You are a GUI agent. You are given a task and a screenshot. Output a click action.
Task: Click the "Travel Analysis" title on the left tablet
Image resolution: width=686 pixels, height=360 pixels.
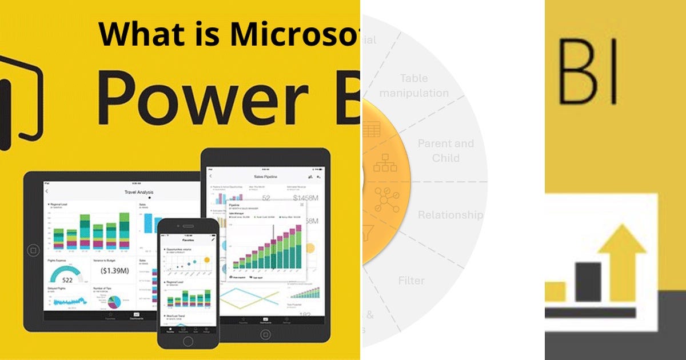click(139, 192)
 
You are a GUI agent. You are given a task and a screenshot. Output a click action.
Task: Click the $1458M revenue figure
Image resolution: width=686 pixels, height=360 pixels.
click(307, 198)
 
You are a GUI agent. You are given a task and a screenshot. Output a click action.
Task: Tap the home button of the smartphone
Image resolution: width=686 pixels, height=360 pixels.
click(188, 341)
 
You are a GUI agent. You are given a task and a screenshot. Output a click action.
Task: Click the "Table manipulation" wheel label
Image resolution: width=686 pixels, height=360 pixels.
click(414, 85)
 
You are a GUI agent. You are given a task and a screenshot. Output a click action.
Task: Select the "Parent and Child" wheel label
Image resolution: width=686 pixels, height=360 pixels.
click(446, 150)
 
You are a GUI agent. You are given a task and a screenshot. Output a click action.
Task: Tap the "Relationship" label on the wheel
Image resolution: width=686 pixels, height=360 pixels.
click(450, 215)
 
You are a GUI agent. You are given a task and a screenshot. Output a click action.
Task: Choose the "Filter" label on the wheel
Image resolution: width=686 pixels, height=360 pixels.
click(412, 281)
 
